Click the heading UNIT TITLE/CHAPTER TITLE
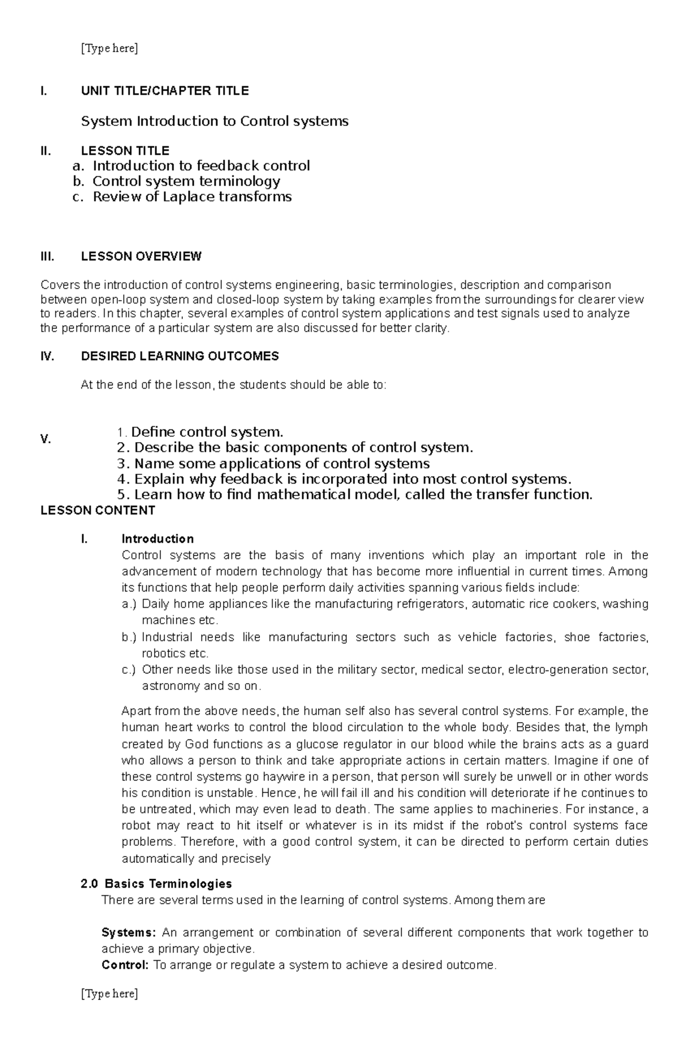point(164,91)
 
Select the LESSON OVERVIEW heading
point(141,256)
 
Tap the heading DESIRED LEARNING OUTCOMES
point(179,356)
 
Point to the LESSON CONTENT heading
point(98,511)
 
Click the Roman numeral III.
point(47,256)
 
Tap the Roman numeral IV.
point(47,356)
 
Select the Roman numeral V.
point(46,440)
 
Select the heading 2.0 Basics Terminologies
point(156,884)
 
